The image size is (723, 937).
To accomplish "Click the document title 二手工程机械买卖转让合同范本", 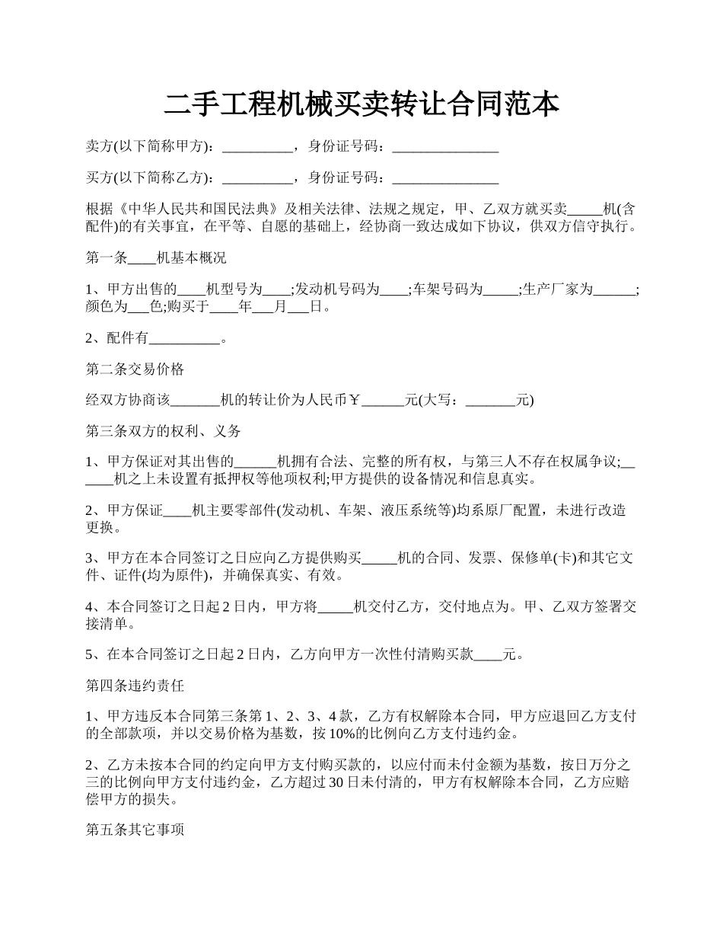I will click(361, 104).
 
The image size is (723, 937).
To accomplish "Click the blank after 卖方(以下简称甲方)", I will click(256, 147).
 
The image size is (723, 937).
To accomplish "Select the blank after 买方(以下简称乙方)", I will click(256, 178).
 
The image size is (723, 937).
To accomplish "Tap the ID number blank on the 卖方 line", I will click(445, 147).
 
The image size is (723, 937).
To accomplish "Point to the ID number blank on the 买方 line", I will click(445, 178).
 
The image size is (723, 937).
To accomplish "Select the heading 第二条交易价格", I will click(135, 369).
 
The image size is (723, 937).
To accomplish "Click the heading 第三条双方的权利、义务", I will click(164, 431).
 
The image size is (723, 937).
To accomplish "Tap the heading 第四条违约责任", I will click(135, 686).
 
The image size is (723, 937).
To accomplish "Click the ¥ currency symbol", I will click(354, 400).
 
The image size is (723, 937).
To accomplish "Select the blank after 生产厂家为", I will click(613, 289).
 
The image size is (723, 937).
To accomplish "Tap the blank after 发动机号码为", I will click(393, 289).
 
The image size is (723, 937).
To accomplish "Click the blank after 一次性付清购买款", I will click(488, 654).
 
